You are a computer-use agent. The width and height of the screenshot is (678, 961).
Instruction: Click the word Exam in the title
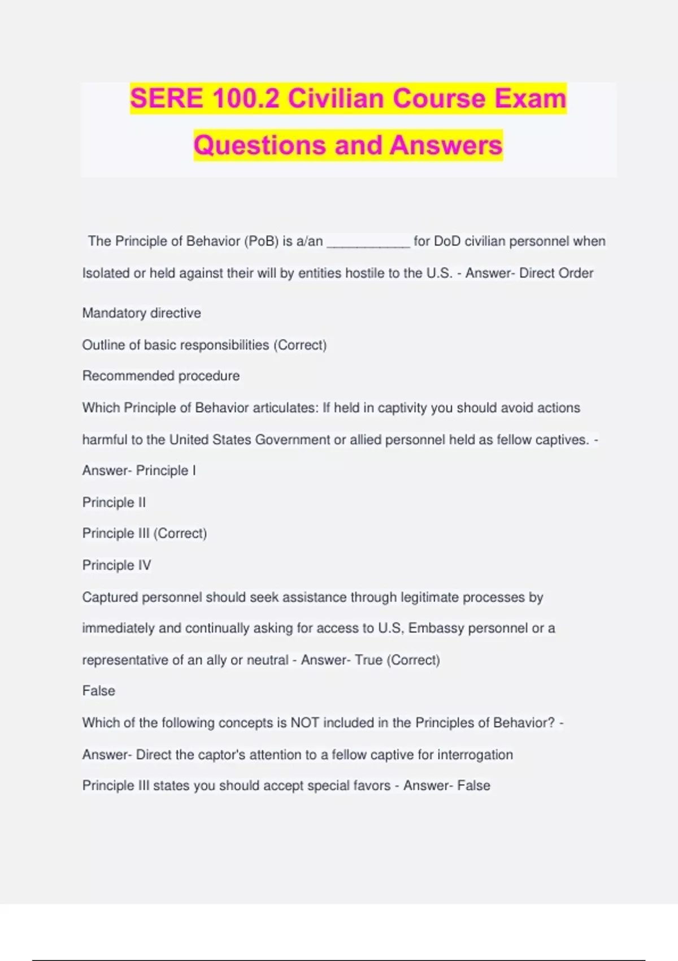pos(531,99)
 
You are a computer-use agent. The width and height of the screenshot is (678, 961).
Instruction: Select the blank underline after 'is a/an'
pos(368,242)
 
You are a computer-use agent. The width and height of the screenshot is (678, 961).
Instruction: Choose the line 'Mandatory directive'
pos(141,313)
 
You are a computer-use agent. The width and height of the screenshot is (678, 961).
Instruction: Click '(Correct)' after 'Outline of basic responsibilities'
pos(299,345)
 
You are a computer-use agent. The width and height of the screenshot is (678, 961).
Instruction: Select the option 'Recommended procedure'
pos(161,376)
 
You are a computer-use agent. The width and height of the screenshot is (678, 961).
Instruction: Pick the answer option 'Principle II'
pos(114,502)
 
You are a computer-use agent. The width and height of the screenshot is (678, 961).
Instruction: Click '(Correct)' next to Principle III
pos(180,533)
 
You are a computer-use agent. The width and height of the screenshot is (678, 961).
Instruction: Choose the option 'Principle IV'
pos(116,565)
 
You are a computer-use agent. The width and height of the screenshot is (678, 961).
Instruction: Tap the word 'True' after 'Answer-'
pos(368,660)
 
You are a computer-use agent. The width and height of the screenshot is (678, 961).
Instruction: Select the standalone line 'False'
pos(99,691)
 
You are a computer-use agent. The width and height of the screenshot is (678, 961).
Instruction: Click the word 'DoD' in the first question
pos(447,241)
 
